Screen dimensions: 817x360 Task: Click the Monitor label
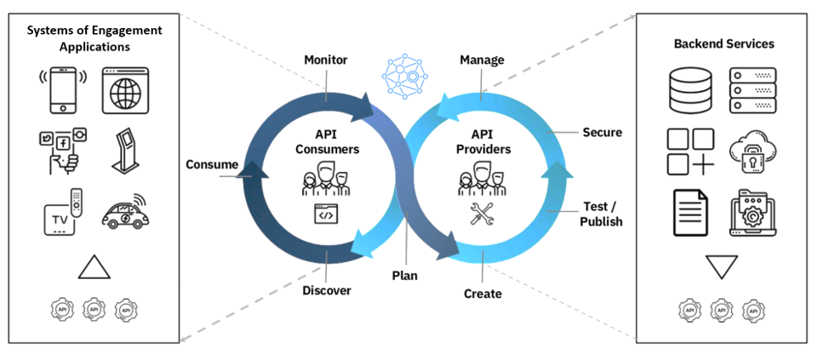(x=326, y=60)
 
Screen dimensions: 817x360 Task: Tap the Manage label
(x=482, y=60)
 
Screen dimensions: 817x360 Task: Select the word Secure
(x=603, y=132)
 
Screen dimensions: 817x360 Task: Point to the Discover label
(x=327, y=290)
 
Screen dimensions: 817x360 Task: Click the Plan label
(x=405, y=276)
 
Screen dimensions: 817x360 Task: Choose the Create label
(x=483, y=294)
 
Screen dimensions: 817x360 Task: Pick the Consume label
(x=212, y=165)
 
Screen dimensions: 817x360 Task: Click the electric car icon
(x=123, y=211)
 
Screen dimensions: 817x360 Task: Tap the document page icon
(x=690, y=213)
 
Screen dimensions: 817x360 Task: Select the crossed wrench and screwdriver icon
(x=482, y=214)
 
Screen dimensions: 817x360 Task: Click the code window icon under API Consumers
(x=326, y=214)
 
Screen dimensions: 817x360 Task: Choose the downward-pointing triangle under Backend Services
(x=721, y=266)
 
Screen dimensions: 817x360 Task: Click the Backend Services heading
(x=723, y=43)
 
